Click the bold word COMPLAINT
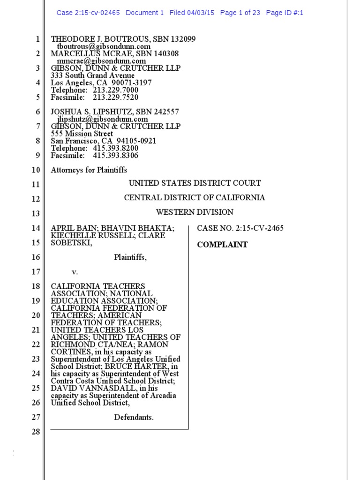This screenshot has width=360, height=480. click(222, 245)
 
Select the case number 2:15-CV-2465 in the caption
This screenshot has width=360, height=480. click(260, 228)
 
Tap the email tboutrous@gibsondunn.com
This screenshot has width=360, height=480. click(104, 46)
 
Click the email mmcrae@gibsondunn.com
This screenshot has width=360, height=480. click(101, 61)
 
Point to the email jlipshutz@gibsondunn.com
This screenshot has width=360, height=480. click(102, 119)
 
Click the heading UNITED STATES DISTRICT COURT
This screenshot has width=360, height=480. click(195, 183)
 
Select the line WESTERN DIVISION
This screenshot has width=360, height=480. click(195, 212)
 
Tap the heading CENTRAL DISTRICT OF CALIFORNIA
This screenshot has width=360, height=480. click(195, 198)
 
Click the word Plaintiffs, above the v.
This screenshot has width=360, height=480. click(130, 257)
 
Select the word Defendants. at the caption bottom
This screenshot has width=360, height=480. click(134, 417)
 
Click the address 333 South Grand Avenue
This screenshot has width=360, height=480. click(92, 75)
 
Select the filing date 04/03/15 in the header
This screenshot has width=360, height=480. click(202, 13)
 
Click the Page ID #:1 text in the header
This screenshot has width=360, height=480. click(285, 13)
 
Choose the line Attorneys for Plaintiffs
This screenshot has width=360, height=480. click(89, 170)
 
